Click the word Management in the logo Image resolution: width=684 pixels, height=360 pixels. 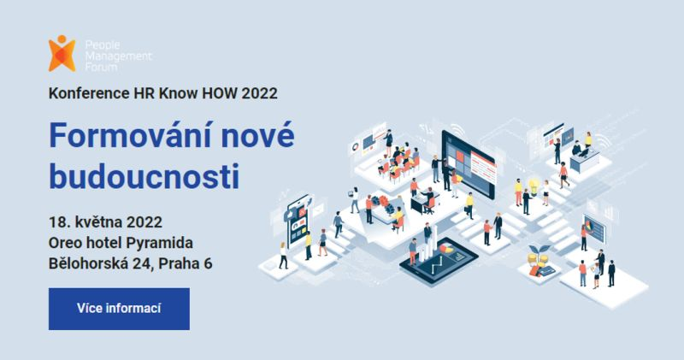point(116,53)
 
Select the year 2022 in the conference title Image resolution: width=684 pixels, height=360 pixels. point(260,92)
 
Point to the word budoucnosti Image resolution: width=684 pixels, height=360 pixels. point(143,175)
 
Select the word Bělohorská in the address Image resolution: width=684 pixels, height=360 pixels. point(91,263)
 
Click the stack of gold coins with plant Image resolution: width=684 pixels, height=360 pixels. point(540,256)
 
